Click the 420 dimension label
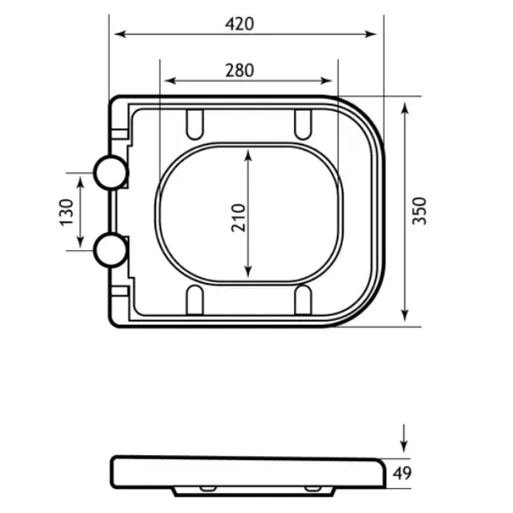239,24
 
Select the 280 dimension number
239,71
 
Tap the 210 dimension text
238,218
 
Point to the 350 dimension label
419,211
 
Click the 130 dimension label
67,212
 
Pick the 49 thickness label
402,473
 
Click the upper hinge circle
111,173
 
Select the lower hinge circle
111,250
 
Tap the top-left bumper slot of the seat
195,124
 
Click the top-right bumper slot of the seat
303,124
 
